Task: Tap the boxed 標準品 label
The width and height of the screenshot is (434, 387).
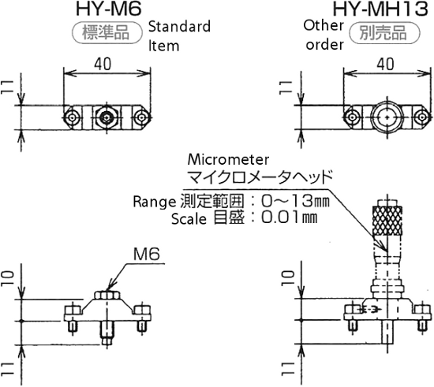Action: [x=106, y=33]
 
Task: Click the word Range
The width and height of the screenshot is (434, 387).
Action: [x=154, y=199]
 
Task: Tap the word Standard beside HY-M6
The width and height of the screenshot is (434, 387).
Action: [x=179, y=28]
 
